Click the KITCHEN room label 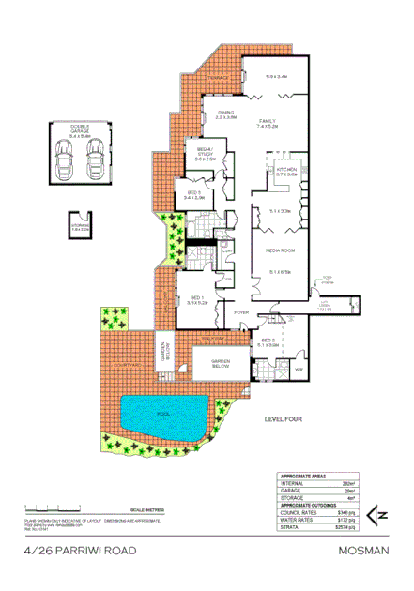(x=287, y=170)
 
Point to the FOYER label (x=240, y=311)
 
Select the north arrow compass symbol (x=381, y=515)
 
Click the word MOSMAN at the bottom (x=364, y=553)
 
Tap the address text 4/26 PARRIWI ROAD (x=67, y=553)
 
